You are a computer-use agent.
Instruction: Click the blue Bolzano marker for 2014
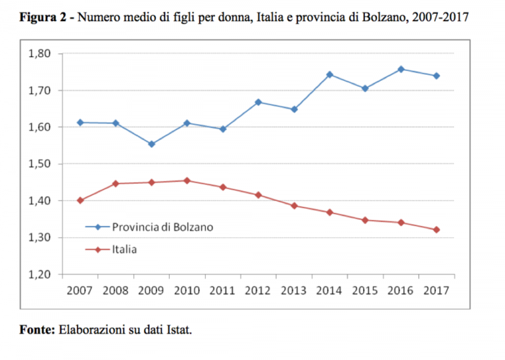tap(329, 74)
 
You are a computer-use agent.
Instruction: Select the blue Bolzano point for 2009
tap(152, 144)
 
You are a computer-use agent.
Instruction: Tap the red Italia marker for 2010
tap(187, 180)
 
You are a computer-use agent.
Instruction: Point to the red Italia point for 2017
tap(436, 229)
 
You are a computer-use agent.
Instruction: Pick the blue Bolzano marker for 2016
tap(400, 69)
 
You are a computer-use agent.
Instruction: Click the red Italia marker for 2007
tap(80, 200)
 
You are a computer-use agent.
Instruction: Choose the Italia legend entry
tap(124, 249)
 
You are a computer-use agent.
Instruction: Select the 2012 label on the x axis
tap(258, 290)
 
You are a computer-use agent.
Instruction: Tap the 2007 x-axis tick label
tap(80, 290)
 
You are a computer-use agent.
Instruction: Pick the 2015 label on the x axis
tap(365, 290)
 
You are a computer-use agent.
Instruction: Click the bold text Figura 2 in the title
tap(44, 17)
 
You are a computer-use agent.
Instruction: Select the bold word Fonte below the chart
tap(37, 329)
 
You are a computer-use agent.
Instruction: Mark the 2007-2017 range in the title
tap(443, 17)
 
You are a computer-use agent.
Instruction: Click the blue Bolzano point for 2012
tap(258, 102)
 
